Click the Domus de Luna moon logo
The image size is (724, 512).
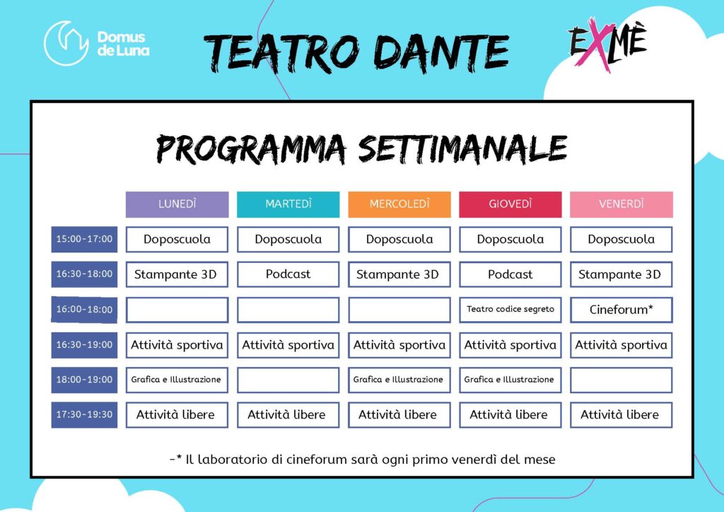tap(66, 43)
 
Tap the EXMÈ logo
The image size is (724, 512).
tap(607, 44)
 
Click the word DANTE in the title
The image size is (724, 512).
tap(441, 52)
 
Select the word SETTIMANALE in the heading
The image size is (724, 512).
tap(462, 149)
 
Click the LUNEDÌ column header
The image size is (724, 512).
tap(177, 204)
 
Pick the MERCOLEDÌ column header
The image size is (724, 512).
tap(399, 204)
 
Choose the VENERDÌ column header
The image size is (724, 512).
tap(621, 204)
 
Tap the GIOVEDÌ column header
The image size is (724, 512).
tap(510, 204)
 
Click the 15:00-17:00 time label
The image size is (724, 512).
tap(84, 239)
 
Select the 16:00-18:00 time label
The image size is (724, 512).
tap(84, 309)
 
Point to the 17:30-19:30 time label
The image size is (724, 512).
tap(84, 414)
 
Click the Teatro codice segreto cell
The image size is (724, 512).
tap(510, 309)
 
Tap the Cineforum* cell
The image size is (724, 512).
tap(621, 309)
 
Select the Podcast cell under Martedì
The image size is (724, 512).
tap(288, 274)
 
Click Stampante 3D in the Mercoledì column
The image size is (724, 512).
tap(399, 274)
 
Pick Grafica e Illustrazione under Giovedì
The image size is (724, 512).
tap(510, 380)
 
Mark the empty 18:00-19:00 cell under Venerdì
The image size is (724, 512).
tap(621, 380)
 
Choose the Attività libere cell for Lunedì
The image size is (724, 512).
tap(177, 414)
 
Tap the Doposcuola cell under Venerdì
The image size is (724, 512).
tap(621, 239)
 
